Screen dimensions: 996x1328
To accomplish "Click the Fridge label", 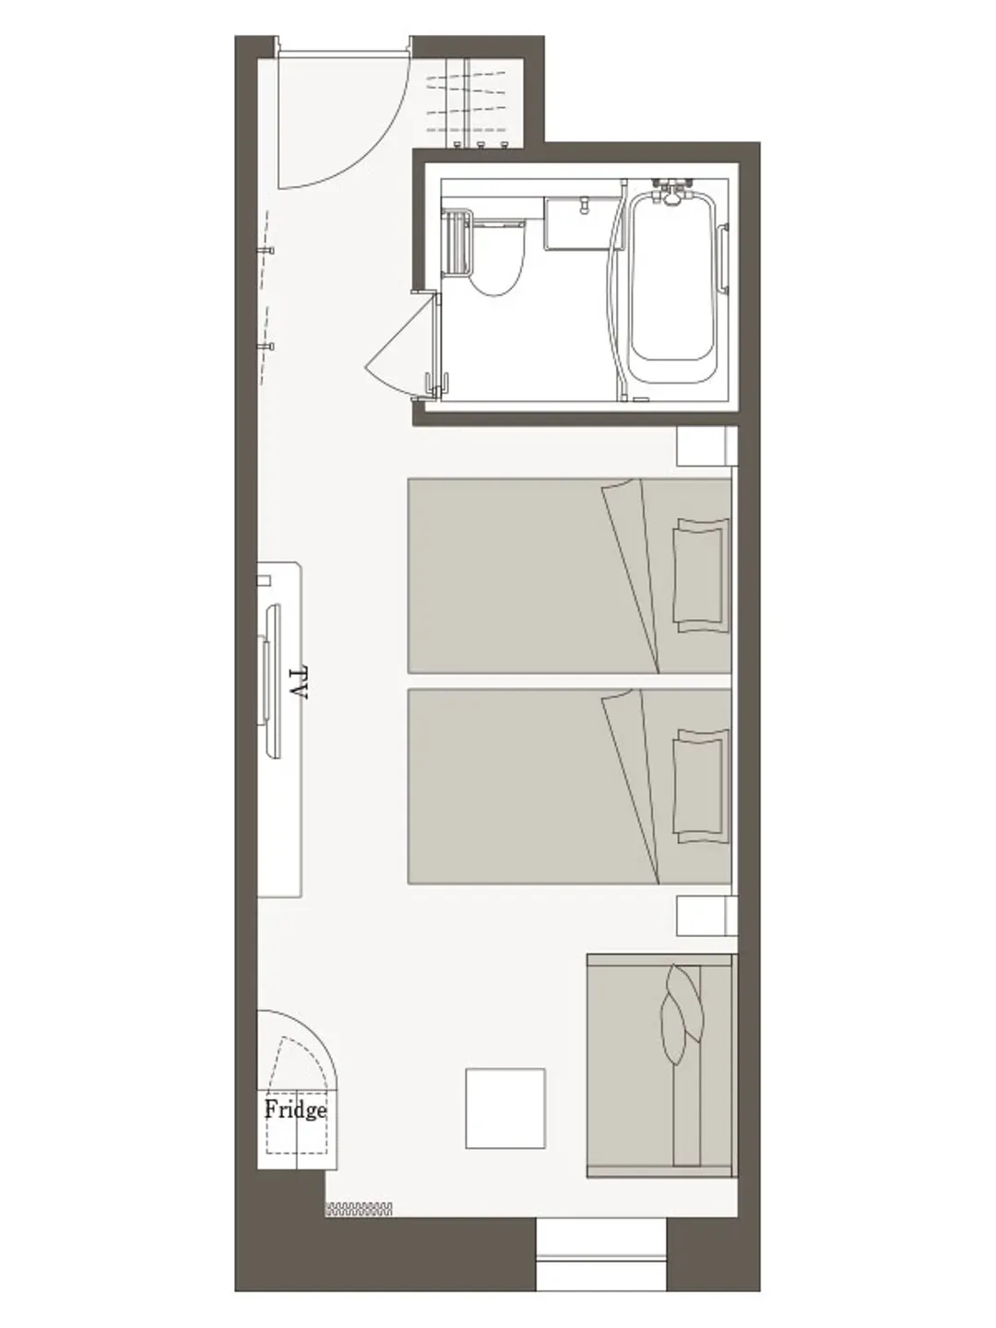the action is tap(296, 1109).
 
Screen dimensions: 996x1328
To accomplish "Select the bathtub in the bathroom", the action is tap(671, 288).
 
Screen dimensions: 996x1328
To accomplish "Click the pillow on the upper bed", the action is tap(700, 575).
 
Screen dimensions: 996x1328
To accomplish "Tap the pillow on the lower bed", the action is tap(700, 786).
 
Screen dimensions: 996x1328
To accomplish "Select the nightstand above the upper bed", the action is tap(706, 445).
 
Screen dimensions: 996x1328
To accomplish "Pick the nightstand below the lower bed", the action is tap(706, 916).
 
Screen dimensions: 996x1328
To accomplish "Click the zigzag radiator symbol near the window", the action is tap(359, 1209).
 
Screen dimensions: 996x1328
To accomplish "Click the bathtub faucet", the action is tap(671, 191).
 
